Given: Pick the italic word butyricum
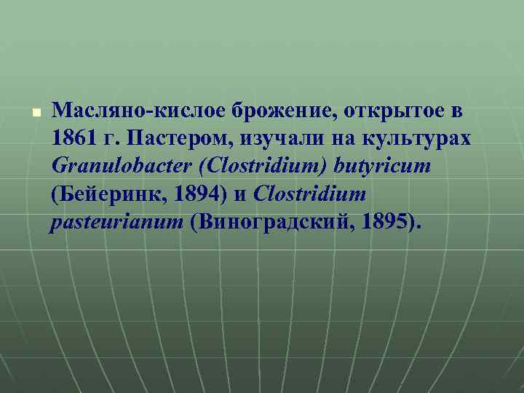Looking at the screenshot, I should [384, 167].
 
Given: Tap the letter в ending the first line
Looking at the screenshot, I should [456, 112].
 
